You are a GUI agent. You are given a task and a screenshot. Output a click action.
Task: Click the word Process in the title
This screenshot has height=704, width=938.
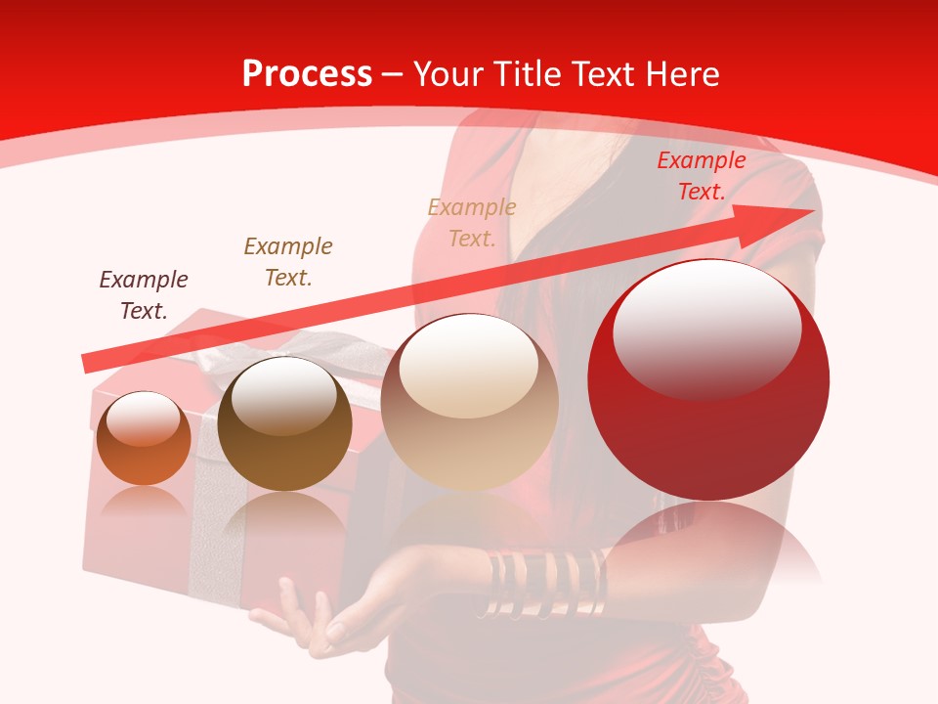coord(307,74)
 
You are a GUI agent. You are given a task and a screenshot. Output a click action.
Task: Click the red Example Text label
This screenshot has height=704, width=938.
coord(701,176)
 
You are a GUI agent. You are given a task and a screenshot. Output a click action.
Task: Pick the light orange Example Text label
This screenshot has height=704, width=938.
coord(472,222)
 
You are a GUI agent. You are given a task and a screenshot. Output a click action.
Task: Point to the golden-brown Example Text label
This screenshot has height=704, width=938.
coord(288,262)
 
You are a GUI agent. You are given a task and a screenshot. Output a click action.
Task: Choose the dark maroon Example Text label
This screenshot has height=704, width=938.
coord(144,294)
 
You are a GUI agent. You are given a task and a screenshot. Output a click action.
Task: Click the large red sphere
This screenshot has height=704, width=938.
coord(708,430)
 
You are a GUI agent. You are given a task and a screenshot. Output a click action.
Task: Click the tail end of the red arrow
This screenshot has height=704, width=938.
coord(90,363)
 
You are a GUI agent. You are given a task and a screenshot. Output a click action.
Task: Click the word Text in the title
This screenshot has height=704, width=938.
coord(603,74)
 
